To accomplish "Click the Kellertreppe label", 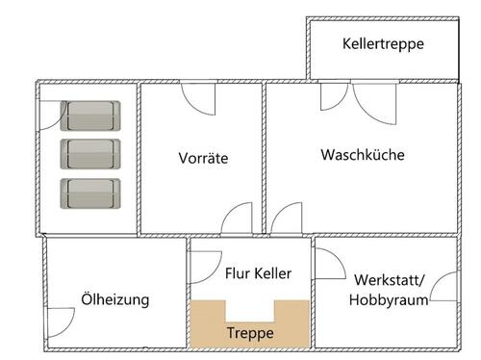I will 383,44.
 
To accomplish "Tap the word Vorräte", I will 203,158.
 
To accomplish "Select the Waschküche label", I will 363,154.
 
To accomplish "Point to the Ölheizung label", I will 115,299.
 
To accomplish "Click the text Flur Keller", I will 258,273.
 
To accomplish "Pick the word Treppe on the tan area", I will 250,333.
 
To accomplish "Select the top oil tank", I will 91,116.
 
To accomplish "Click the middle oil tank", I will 91,154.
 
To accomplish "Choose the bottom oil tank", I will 91,193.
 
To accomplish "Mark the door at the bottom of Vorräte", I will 236,219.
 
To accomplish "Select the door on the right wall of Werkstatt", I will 443,287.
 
